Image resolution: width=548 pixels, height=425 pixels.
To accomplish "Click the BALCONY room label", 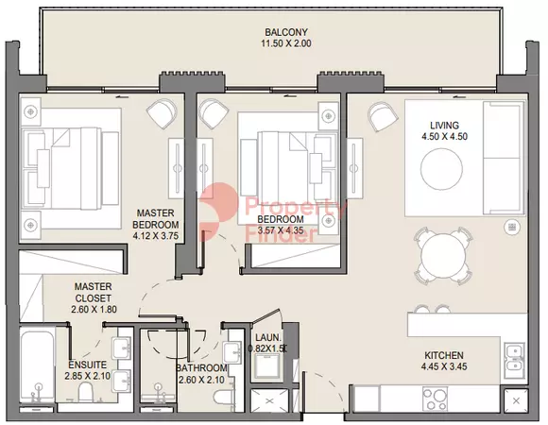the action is [286, 32].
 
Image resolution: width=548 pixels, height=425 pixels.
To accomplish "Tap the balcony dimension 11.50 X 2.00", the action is [286, 43].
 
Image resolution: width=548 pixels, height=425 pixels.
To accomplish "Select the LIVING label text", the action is [444, 126].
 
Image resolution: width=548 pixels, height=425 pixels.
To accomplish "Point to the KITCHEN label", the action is [444, 355].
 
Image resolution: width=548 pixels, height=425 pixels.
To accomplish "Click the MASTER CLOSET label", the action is [94, 293].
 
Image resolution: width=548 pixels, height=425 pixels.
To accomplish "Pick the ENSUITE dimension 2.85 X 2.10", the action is [87, 376].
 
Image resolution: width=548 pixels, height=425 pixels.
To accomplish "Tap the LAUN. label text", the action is [267, 338].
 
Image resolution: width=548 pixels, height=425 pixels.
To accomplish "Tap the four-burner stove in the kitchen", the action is [434, 399].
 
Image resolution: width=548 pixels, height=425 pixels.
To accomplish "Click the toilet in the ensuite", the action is [86, 392].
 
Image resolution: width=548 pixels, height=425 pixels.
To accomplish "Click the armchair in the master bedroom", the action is [162, 111].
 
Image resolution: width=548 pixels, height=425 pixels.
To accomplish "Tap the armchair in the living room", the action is [383, 116].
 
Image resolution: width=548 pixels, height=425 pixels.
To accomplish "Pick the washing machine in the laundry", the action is [268, 366].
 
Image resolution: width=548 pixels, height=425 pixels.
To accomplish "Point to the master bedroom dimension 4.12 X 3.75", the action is [156, 236].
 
